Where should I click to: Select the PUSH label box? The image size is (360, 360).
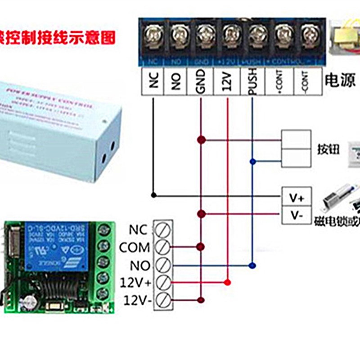(x=252, y=82)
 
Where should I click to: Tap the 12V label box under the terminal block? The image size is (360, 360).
(x=227, y=82)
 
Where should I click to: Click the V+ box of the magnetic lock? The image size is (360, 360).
(x=297, y=198)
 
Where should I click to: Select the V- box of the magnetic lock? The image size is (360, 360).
(x=297, y=216)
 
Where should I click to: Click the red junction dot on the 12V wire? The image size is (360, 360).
(x=227, y=283)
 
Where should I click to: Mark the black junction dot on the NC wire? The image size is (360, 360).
(x=154, y=195)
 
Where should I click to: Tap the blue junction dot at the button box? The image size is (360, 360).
(x=253, y=161)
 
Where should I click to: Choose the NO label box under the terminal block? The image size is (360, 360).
(x=176, y=82)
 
